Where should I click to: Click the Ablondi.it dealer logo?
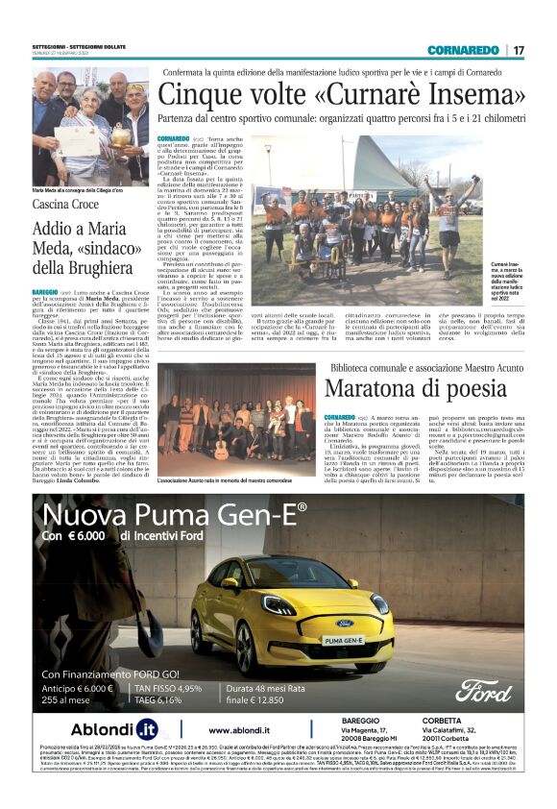(100, 729)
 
